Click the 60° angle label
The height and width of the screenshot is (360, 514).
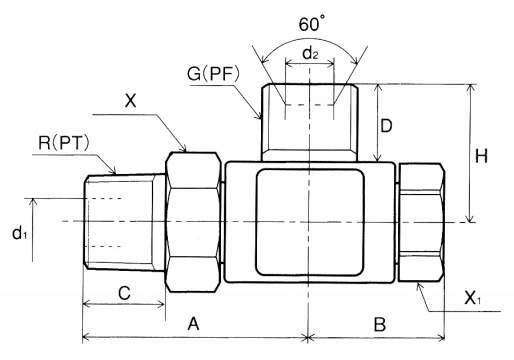click(x=311, y=24)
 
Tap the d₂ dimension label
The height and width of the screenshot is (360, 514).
click(x=310, y=53)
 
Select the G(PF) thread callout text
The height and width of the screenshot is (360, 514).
click(x=214, y=74)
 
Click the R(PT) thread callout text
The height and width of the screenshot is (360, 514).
click(x=64, y=143)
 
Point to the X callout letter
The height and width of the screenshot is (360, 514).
click(x=131, y=100)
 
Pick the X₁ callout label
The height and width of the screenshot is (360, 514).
click(x=473, y=298)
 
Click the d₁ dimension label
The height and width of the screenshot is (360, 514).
click(x=19, y=233)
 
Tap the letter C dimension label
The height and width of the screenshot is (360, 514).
click(x=124, y=293)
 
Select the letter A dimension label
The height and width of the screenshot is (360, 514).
click(x=193, y=323)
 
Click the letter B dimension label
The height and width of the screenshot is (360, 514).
click(x=380, y=324)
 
